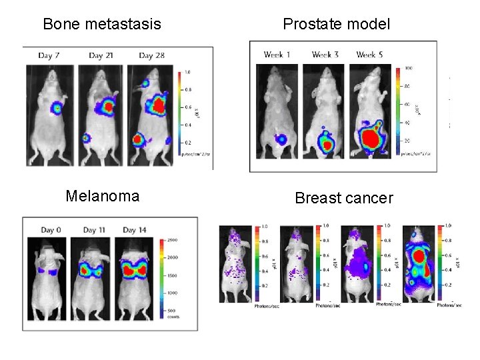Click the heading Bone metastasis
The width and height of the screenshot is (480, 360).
pos(102,25)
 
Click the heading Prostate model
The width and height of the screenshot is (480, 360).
pos(336,25)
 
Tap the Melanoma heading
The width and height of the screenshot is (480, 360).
pos(103,195)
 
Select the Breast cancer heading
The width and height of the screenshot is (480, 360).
pos(344,198)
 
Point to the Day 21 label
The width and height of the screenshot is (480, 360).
pos(99,55)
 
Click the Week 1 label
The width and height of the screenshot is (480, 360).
pos(278,54)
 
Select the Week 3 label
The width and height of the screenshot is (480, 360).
pos(325,54)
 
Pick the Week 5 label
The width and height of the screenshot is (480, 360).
pos(371,54)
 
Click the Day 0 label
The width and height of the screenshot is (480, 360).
pos(52,230)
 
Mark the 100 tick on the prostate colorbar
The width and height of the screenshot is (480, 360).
pos(409,68)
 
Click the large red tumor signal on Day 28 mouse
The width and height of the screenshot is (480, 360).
pos(158,105)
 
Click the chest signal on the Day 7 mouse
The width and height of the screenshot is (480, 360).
pos(57,107)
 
